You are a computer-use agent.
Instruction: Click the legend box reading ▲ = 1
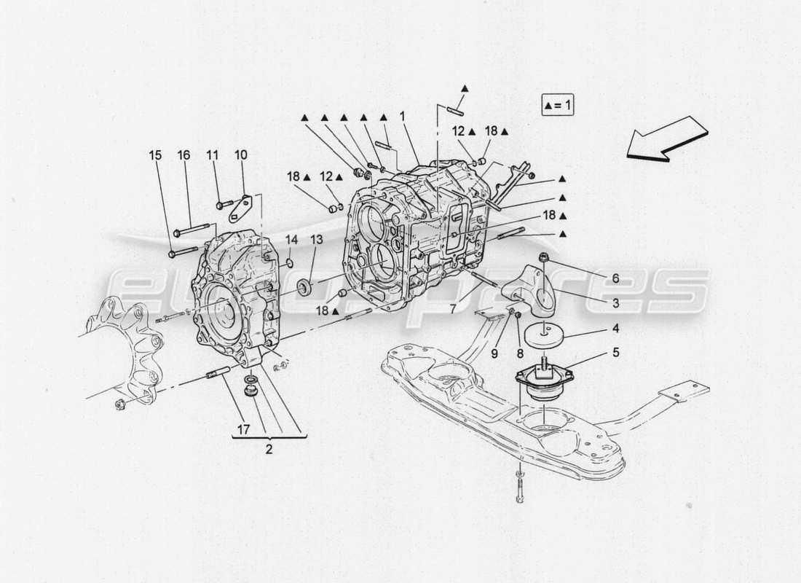tap(558, 106)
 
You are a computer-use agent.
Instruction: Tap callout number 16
tap(184, 155)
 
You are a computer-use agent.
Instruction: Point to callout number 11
tap(212, 155)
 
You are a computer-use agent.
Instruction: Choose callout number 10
tap(240, 155)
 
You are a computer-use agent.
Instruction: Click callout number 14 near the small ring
tap(291, 239)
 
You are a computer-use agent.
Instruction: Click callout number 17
tap(243, 430)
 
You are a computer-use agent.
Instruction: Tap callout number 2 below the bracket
tap(269, 450)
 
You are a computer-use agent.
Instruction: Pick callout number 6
tap(615, 278)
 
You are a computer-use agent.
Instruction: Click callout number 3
tap(615, 302)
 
